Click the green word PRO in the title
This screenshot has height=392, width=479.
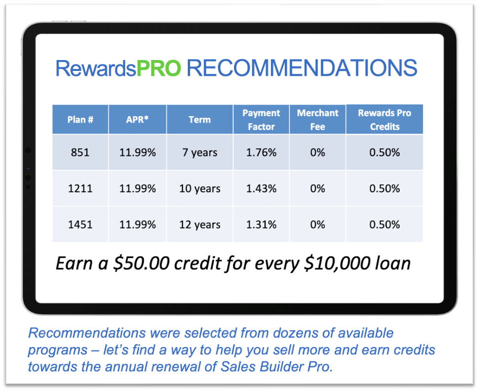(158, 68)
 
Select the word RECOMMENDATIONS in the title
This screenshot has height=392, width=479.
(302, 68)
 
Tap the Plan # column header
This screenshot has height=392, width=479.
(80, 120)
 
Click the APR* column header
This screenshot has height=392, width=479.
(137, 120)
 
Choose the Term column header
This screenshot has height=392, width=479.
(200, 120)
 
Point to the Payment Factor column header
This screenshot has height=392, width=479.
(261, 120)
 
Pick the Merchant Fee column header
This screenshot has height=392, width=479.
(318, 120)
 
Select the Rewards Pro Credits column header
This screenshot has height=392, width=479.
(384, 120)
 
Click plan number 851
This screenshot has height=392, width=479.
(80, 153)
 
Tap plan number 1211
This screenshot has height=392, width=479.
(80, 189)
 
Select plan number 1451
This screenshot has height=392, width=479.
(80, 225)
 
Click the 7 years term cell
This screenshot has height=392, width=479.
(200, 153)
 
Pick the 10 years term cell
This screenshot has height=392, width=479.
(200, 189)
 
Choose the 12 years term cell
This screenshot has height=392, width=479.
(200, 225)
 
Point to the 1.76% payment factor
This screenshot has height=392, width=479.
(261, 153)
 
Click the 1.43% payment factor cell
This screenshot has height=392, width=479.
(261, 189)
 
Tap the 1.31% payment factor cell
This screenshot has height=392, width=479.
(261, 225)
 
